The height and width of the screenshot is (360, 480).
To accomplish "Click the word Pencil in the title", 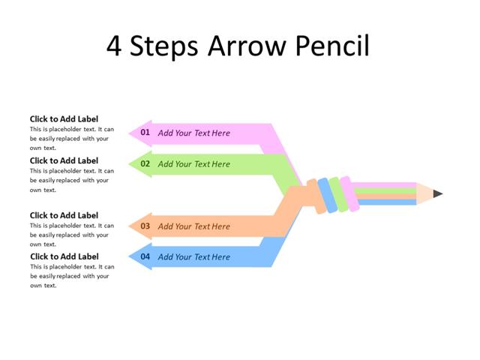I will click(x=329, y=46).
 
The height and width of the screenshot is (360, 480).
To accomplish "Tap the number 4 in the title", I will click(x=114, y=46).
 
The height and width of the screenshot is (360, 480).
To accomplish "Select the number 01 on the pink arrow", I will click(x=145, y=133).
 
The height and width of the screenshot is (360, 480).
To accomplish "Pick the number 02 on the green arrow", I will click(x=145, y=164).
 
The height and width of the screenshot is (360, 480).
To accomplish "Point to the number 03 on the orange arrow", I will click(x=145, y=226).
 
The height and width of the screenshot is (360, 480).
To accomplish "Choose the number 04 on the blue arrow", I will click(x=145, y=256).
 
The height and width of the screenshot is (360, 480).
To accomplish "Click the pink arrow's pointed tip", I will click(x=130, y=133).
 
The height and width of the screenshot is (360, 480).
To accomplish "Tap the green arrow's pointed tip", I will click(x=130, y=164).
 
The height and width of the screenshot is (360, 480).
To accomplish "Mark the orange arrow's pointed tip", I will click(x=130, y=226).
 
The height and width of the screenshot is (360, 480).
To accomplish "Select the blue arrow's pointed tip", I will click(x=130, y=257).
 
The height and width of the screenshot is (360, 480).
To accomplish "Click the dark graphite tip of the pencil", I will click(x=438, y=193).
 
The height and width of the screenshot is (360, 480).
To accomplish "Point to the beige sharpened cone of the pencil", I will click(x=424, y=193).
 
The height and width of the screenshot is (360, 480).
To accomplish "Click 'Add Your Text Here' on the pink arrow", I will click(x=193, y=133).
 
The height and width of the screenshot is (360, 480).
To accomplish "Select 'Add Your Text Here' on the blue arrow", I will click(x=193, y=256).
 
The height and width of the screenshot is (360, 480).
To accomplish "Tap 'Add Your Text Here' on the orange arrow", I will click(x=193, y=226).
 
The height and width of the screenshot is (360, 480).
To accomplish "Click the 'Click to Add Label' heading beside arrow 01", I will click(x=64, y=118).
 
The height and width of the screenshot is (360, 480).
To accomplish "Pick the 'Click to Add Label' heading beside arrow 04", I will click(x=64, y=256).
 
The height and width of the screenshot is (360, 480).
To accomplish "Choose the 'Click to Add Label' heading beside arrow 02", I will click(x=64, y=160).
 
